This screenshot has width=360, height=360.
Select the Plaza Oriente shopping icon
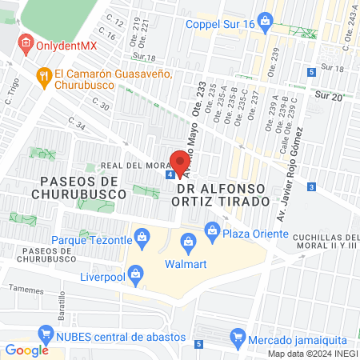212,232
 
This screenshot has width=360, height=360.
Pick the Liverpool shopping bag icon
136,277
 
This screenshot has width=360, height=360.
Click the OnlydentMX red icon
26,44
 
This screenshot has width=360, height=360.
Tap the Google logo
26,350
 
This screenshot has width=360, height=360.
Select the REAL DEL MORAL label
133,166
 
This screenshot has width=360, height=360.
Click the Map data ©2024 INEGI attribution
312,354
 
